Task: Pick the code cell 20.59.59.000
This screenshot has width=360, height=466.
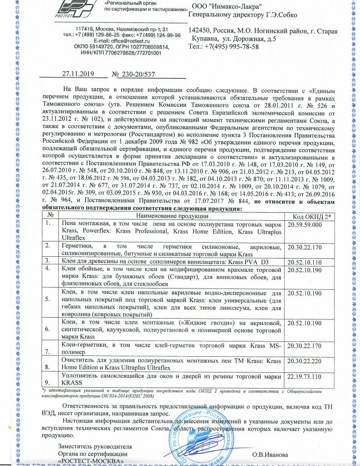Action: tap(305, 224)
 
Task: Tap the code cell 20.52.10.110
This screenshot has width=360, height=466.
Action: tap(305, 261)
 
